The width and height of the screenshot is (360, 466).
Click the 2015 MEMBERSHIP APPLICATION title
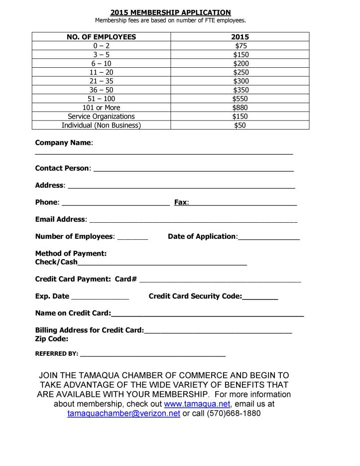click(170, 12)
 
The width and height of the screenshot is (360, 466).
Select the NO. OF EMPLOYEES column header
click(101, 37)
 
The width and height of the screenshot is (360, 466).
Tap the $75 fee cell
click(240, 46)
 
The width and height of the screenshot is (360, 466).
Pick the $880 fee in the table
click(240, 108)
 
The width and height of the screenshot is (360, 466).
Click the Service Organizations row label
click(101, 117)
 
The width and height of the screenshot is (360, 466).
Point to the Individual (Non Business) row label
click(101, 126)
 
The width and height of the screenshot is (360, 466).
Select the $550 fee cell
click(240, 99)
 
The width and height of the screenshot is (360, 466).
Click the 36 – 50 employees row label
click(101, 90)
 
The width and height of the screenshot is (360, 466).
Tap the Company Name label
click(63, 143)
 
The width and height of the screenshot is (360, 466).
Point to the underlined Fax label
click(181, 203)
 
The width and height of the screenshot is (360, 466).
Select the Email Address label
click(60, 220)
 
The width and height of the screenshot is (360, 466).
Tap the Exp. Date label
click(52, 297)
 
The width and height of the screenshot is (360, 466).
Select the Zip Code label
click(52, 339)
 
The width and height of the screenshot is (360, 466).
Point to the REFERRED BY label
click(56, 354)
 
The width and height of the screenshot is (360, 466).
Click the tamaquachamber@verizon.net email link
click(123, 414)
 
